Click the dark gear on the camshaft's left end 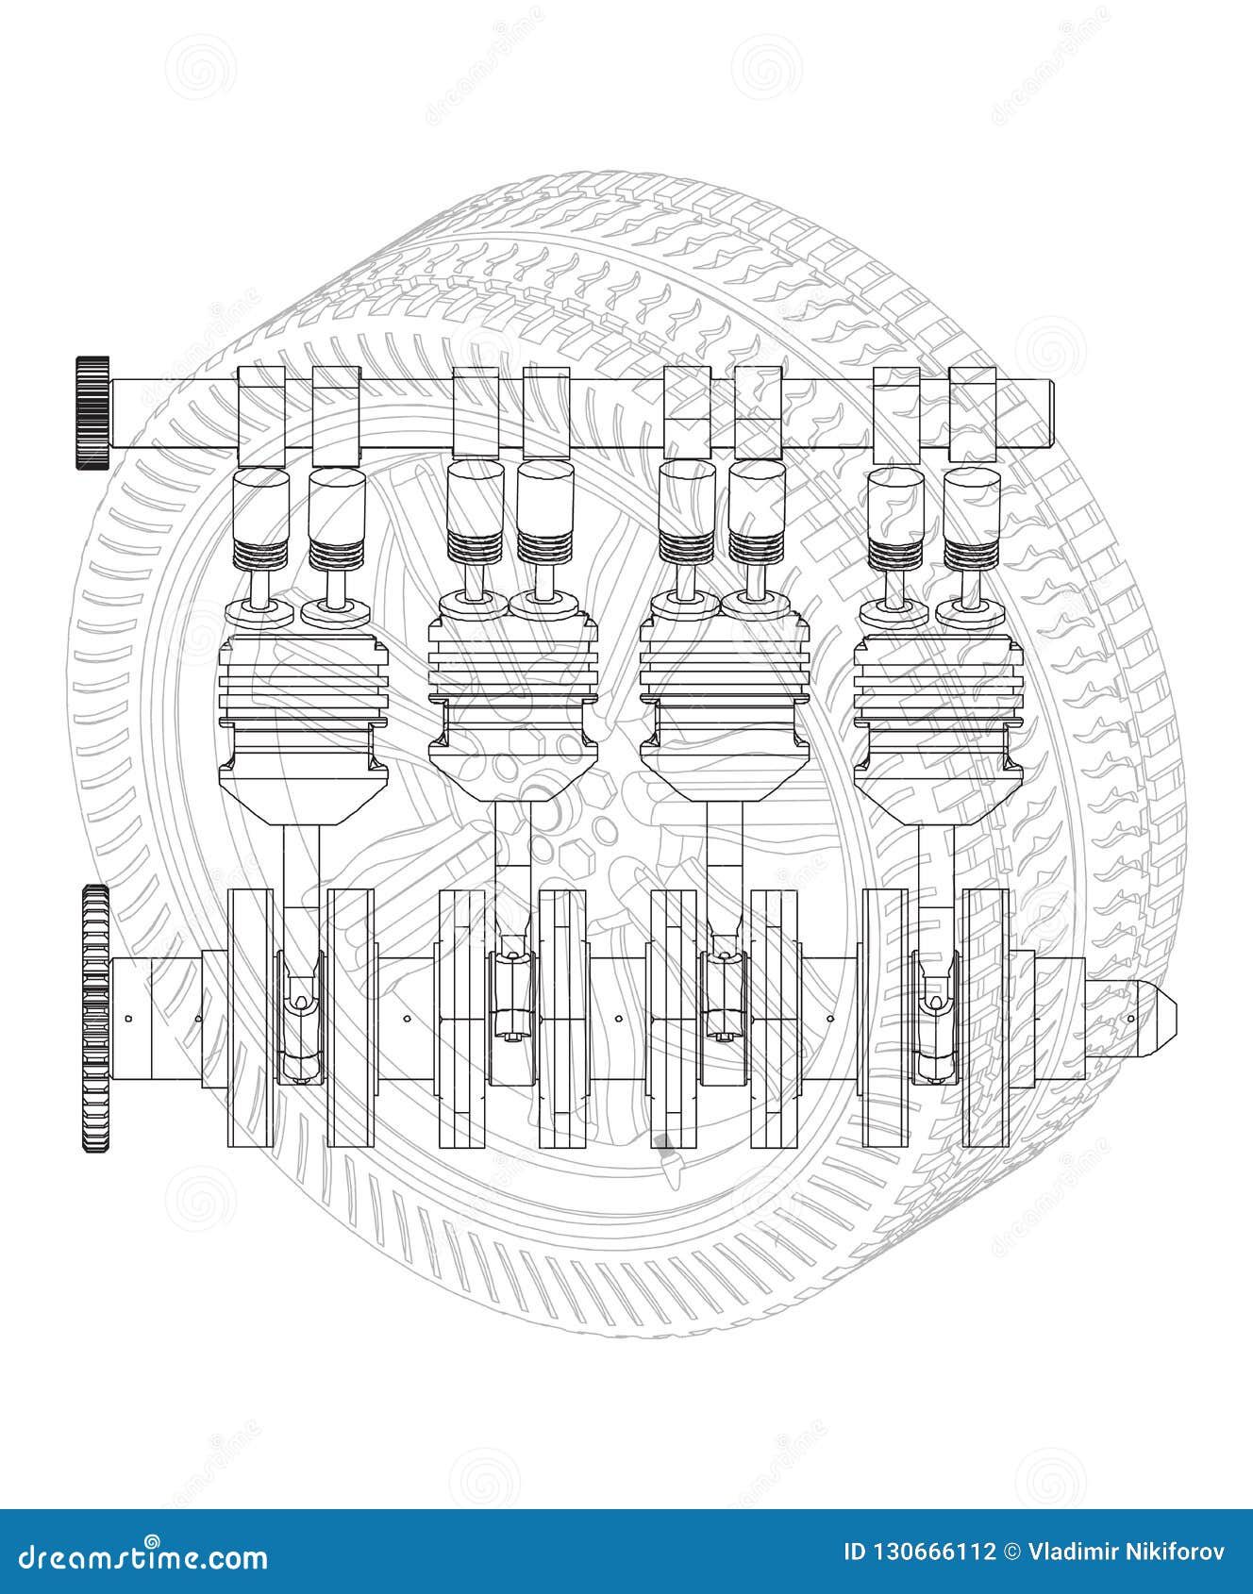(x=92, y=412)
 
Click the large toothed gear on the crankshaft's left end (x=95, y=1019)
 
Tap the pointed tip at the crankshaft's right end (x=1163, y=1019)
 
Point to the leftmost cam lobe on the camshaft (x=260, y=416)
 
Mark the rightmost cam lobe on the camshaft (x=973, y=414)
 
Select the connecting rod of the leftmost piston (x=301, y=905)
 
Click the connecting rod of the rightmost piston (x=937, y=905)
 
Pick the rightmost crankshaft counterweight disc (x=986, y=1019)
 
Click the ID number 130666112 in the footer (x=919, y=1552)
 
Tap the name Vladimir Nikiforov (x=1127, y=1552)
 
